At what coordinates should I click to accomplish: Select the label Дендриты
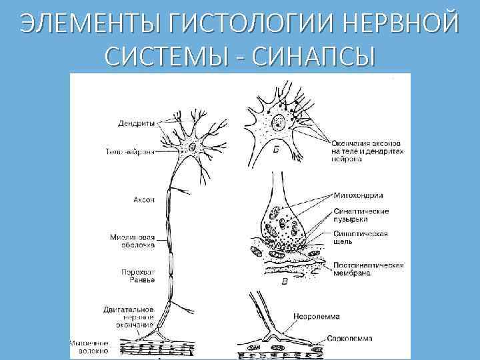coord(137,123)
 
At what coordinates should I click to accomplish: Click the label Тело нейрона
coord(130,151)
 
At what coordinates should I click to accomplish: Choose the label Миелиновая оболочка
coord(133,241)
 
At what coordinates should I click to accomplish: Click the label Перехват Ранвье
coord(138,275)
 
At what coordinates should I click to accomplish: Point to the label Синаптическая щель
coord(360,238)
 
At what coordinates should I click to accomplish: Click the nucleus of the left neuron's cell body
coord(193,147)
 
